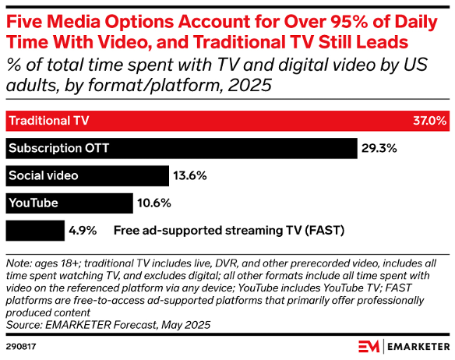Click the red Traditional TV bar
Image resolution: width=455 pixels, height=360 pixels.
(x=226, y=122)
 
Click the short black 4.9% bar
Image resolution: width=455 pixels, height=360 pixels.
(x=35, y=231)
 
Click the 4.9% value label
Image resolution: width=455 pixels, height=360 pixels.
(x=83, y=231)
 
